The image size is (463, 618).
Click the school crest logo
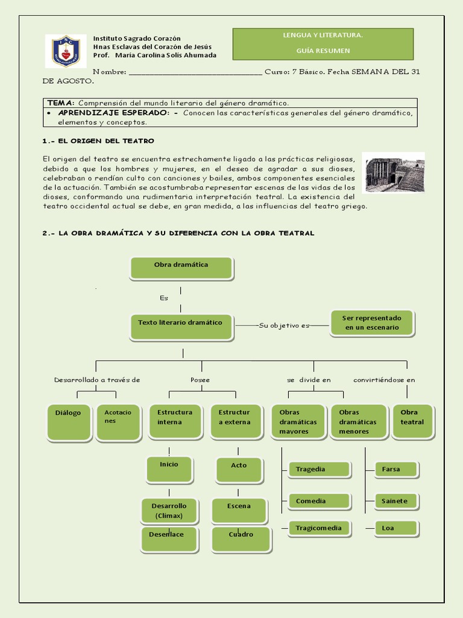tap(66, 51)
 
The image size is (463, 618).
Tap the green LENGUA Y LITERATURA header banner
tap(323, 43)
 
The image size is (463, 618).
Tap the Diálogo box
tap(69, 422)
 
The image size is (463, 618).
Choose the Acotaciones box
tap(118, 422)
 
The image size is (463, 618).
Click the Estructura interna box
tap(175, 421)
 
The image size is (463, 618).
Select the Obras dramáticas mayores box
tap(298, 421)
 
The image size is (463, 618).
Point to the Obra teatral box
tap(412, 421)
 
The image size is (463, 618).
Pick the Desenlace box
tap(169, 539)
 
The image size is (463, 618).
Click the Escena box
tap(239, 510)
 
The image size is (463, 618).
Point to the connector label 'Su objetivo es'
tap(284, 326)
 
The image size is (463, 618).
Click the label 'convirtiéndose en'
tap(384, 380)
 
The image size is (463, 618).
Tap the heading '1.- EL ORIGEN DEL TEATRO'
tap(98, 141)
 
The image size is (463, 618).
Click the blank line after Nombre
tap(195, 72)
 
